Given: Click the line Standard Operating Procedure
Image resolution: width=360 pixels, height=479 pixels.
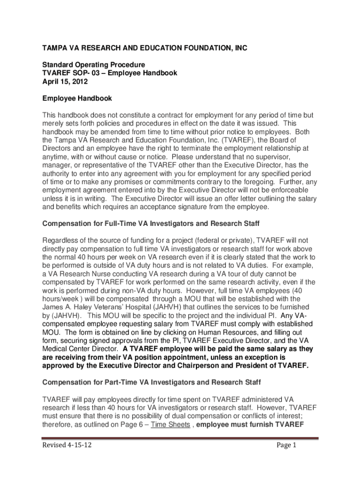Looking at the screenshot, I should pyautogui.click(x=94, y=64).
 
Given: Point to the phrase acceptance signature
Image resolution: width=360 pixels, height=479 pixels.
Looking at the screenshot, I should pyautogui.click(x=179, y=207).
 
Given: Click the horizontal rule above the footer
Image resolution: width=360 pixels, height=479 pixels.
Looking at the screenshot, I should pyautogui.click(x=180, y=438).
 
